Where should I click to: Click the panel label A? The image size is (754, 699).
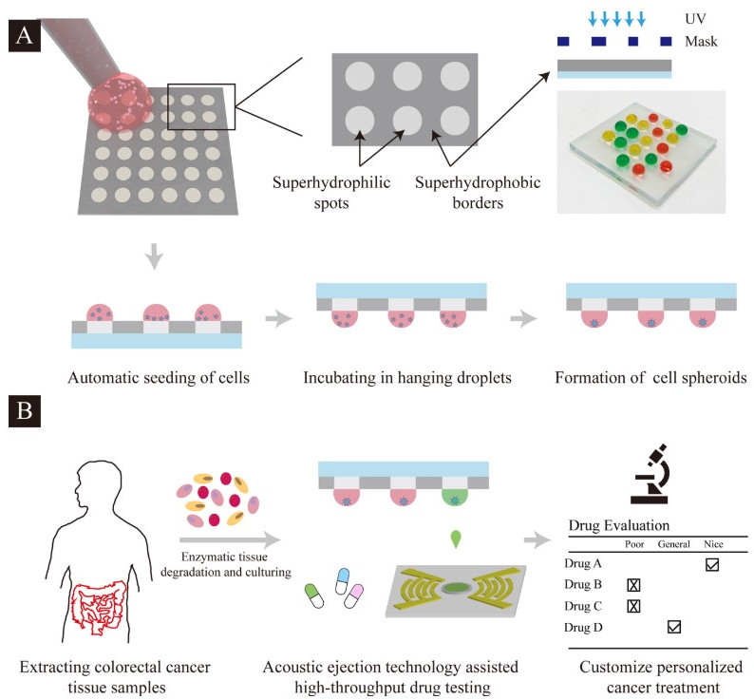(x=24, y=38)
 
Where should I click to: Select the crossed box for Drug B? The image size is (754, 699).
(x=633, y=585)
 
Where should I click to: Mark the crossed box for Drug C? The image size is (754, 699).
(x=633, y=606)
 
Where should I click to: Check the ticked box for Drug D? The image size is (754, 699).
(x=674, y=627)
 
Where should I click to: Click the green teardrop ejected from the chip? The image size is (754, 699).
(x=457, y=538)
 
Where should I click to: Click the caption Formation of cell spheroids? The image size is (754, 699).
(x=654, y=376)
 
